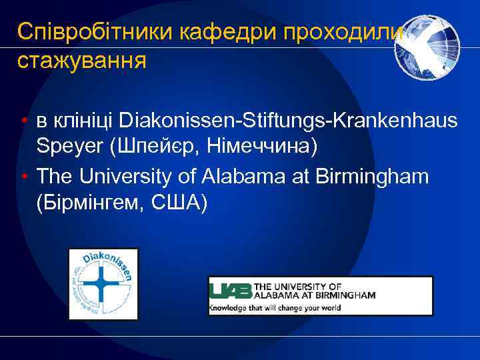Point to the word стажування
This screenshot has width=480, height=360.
(x=82, y=61)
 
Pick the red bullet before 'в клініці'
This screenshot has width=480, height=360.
(x=23, y=121)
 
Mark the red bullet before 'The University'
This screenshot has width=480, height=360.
(x=23, y=177)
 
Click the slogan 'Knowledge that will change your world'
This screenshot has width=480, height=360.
(x=275, y=307)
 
